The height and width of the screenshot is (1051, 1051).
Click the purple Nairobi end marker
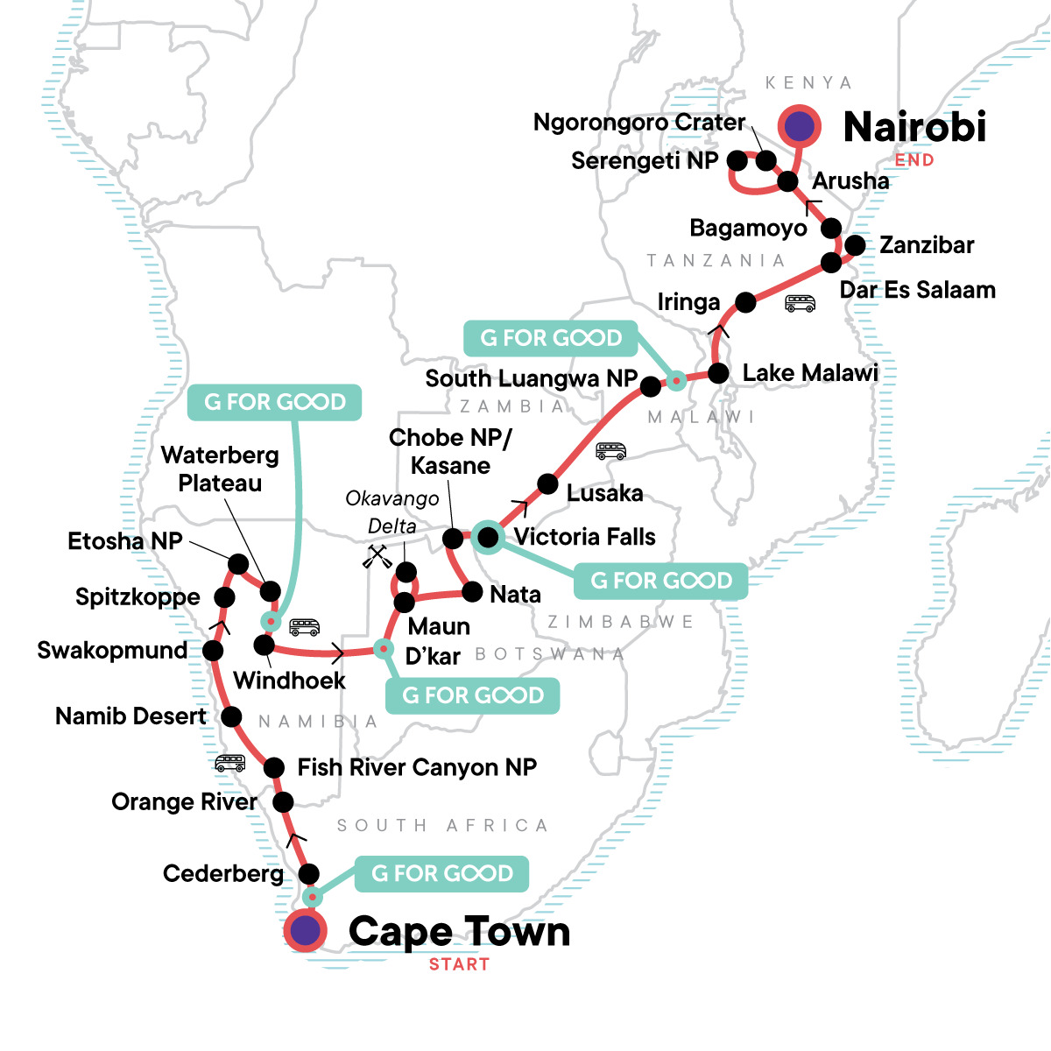(799, 127)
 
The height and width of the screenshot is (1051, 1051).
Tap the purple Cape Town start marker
(305, 931)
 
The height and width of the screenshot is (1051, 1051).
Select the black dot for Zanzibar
(855, 245)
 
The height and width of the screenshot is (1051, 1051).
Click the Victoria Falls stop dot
(488, 536)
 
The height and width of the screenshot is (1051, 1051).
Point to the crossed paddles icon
(377, 556)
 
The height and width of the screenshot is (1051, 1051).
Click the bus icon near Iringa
(800, 304)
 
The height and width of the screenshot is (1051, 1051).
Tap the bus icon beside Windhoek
(304, 627)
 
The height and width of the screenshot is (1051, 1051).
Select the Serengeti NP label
(644, 161)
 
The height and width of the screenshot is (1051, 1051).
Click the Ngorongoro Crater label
(638, 123)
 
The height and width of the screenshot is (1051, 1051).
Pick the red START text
(459, 964)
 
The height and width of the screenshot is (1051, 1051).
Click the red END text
(913, 160)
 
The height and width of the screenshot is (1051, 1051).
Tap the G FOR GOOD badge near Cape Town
(441, 873)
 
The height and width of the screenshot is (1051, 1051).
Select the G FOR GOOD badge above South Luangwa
(551, 338)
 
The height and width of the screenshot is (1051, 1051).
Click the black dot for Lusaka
(547, 483)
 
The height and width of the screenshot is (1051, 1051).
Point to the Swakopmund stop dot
(212, 651)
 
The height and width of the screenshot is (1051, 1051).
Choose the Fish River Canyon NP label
(417, 767)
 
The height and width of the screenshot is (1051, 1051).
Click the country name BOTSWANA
(549, 654)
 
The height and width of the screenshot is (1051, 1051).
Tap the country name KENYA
(808, 83)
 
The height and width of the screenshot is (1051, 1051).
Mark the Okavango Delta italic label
(391, 511)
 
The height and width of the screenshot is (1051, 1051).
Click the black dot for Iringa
(745, 302)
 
